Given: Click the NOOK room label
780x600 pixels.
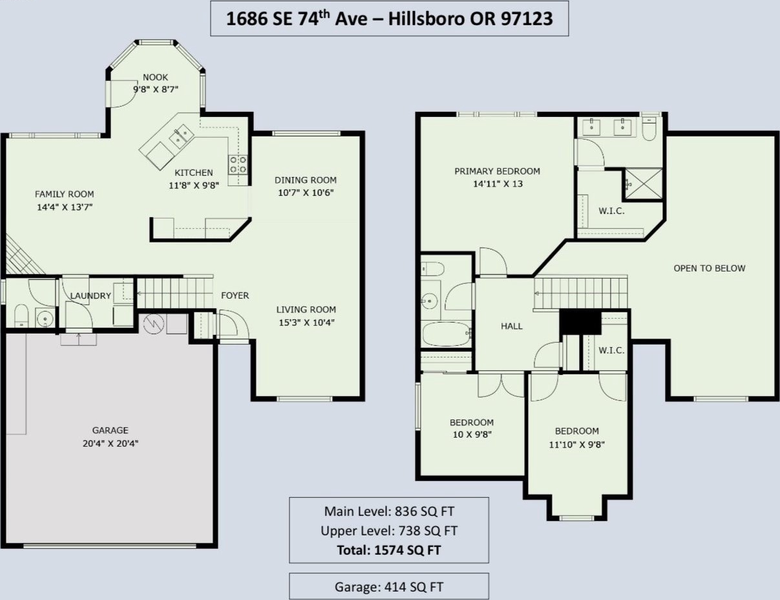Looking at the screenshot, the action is tap(156, 77).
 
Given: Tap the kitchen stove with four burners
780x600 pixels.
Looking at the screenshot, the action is tap(238, 164).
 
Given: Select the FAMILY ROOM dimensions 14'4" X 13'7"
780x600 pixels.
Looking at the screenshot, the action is tap(65, 207).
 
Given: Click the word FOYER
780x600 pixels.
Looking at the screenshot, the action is tap(235, 295).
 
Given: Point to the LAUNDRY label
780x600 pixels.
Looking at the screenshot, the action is tap(90, 296).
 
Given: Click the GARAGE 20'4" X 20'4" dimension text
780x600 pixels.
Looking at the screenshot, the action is tap(111, 444).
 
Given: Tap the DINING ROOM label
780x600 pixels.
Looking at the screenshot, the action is tap(306, 180).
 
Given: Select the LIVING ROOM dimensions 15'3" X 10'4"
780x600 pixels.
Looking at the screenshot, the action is tap(306, 323).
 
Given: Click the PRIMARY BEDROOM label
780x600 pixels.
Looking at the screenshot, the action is tap(497, 171).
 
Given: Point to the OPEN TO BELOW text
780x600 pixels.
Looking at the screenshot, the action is tap(710, 268).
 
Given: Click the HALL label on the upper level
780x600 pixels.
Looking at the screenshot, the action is tap(512, 326).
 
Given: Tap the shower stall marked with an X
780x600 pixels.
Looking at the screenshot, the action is tap(644, 184).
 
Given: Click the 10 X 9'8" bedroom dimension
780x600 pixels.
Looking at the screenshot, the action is tap(472, 435).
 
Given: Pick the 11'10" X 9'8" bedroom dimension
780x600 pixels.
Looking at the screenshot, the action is tap(577, 445).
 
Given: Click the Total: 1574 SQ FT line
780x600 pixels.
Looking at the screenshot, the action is tap(389, 550).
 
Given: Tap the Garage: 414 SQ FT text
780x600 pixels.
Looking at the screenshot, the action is tap(389, 586).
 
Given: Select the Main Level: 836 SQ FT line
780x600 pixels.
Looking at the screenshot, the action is tap(389, 511).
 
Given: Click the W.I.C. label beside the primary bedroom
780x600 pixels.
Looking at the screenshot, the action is tap(611, 211).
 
